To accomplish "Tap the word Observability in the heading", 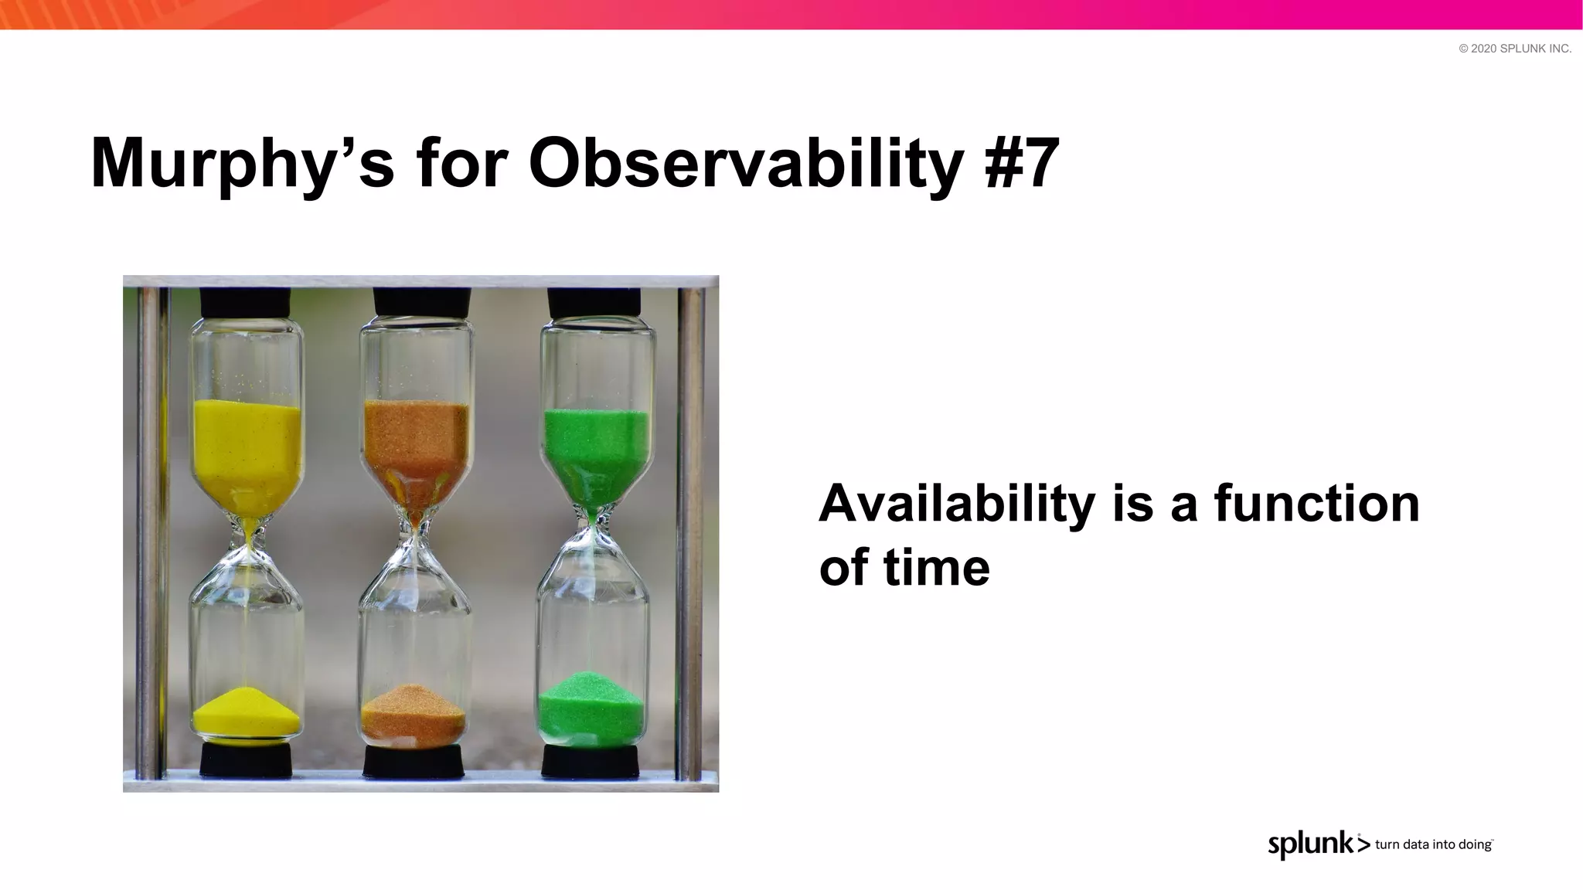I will click(746, 164).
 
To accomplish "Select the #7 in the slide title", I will click(1022, 164).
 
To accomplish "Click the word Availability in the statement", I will click(956, 504).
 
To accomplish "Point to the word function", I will click(1316, 504).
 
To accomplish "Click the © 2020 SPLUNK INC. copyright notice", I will click(1514, 49).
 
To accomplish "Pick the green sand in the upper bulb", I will click(595, 448).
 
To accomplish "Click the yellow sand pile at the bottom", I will click(246, 715).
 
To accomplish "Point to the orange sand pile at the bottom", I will click(414, 715).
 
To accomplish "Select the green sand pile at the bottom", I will click(591, 707).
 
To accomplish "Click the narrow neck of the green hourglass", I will click(593, 524).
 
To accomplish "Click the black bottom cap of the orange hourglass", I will click(414, 761).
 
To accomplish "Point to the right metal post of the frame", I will click(690, 533).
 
